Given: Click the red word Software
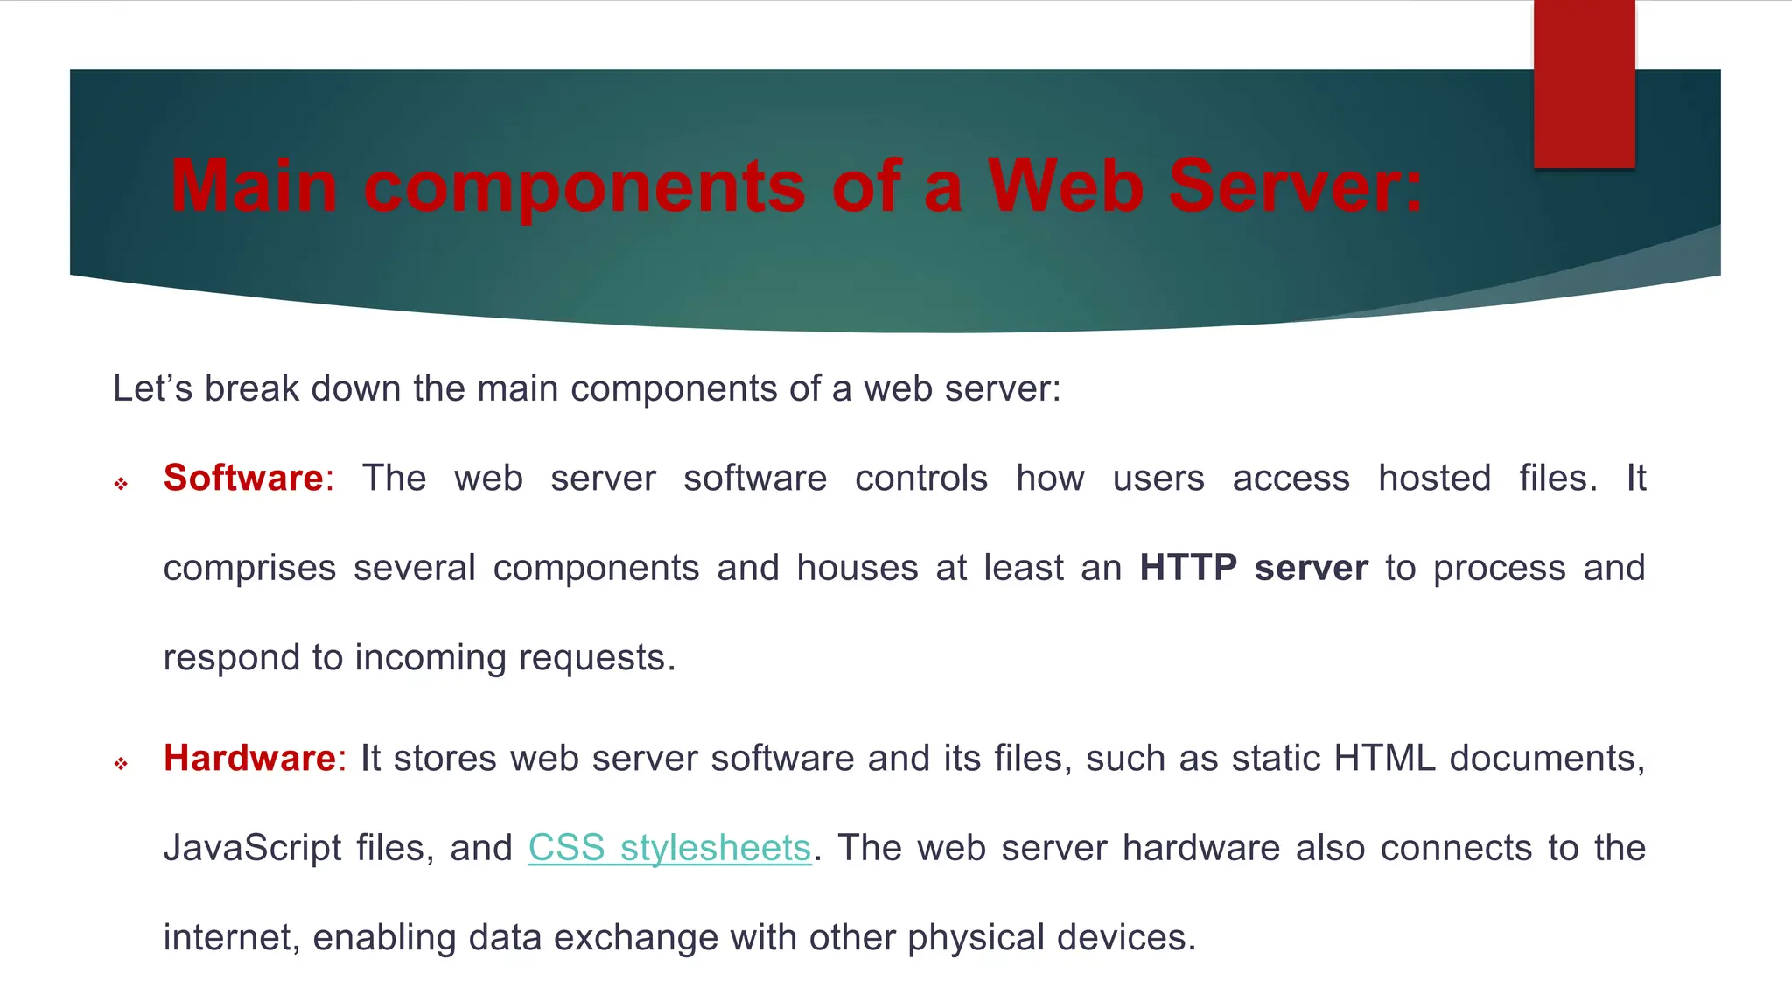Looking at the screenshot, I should coord(243,479).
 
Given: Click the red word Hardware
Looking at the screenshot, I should coord(249,759).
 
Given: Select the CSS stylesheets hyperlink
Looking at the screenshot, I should coord(669,848).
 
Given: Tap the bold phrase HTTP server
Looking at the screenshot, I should coord(1253,569).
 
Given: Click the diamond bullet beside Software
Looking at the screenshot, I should coord(121,484).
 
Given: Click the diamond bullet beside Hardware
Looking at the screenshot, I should coord(121,764).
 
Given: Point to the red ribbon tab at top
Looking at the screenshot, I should coord(1584,83).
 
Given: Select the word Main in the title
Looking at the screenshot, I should coord(254,185).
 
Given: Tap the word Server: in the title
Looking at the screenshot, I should coord(1296,185).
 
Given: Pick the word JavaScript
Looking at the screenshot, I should coord(252,849).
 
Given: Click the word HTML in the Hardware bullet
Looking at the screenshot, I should coord(1384,759).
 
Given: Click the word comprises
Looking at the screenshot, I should coord(249,569).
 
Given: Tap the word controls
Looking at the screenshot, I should coord(920,479).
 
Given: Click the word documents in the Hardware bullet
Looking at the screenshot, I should coord(1546,759).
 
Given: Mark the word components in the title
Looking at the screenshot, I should coord(584,187).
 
